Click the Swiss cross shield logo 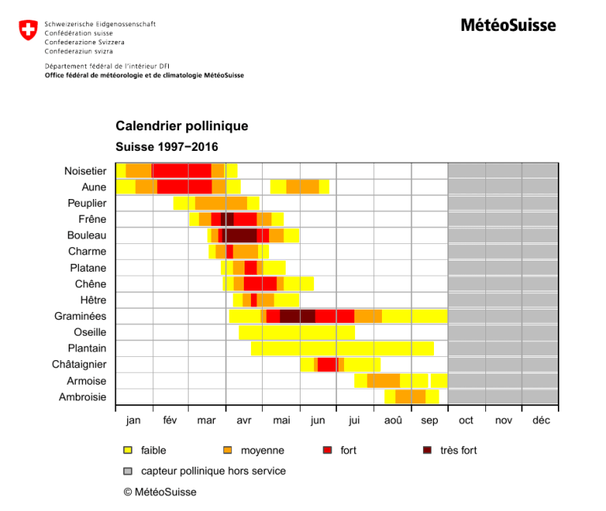28,32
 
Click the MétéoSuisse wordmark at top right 508,25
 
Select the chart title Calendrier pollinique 181,126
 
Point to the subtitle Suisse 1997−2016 166,147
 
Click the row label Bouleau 87,235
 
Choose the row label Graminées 80,316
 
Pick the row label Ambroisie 83,397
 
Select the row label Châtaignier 79,365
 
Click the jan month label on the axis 133,420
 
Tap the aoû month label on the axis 393,420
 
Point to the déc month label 541,420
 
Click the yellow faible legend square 128,450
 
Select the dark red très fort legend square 427,450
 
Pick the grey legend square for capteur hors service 128,471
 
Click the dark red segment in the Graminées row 297,316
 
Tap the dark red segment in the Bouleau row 240,235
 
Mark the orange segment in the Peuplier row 221,203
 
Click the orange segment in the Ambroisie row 410,397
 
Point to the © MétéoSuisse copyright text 160,492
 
